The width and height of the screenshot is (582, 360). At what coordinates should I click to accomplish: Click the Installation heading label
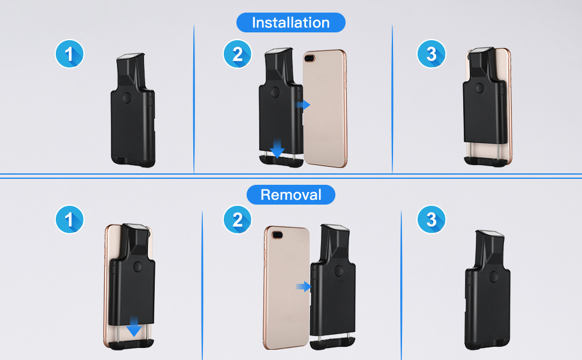coord(291,23)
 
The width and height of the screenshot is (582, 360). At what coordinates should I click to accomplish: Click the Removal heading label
coord(291,195)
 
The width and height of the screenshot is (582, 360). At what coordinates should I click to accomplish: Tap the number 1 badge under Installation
coord(69,55)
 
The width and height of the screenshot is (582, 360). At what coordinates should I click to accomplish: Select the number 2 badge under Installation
coord(237,55)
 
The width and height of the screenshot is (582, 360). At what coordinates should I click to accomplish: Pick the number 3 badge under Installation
coord(431,55)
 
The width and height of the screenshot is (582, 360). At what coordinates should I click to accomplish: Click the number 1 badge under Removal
coord(69,220)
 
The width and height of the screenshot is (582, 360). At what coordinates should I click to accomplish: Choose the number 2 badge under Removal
coord(237,220)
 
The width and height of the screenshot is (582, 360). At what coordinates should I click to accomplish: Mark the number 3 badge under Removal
coord(431,220)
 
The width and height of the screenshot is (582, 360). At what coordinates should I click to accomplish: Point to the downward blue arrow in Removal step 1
coord(134,328)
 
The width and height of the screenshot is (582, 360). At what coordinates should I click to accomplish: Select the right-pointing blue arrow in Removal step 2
coord(304,287)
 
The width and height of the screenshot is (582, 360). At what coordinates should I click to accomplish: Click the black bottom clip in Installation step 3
coord(487,160)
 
